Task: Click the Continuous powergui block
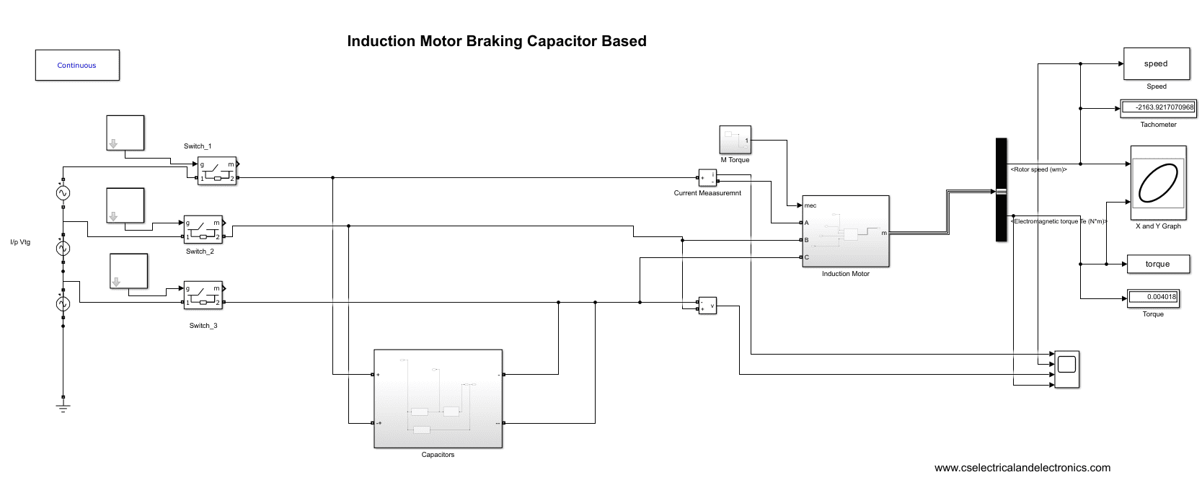click(x=77, y=65)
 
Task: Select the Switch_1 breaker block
click(x=217, y=171)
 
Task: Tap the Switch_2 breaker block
click(x=203, y=229)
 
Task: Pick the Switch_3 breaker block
click(x=203, y=295)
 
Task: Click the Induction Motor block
click(x=846, y=231)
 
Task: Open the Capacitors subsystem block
click(x=438, y=399)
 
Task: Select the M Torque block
click(x=735, y=140)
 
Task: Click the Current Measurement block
click(x=707, y=177)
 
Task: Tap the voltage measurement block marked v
click(x=707, y=306)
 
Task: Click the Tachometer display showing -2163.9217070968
click(x=1158, y=108)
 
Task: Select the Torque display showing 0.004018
click(x=1153, y=297)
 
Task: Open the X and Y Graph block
click(x=1158, y=183)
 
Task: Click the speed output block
click(x=1155, y=64)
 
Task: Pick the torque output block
click(x=1157, y=264)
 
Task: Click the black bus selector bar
click(x=1001, y=190)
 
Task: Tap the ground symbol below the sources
click(x=63, y=407)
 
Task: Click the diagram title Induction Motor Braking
click(x=496, y=41)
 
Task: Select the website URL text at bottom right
click(x=1022, y=468)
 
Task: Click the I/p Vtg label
click(x=20, y=242)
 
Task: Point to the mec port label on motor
click(x=810, y=205)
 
